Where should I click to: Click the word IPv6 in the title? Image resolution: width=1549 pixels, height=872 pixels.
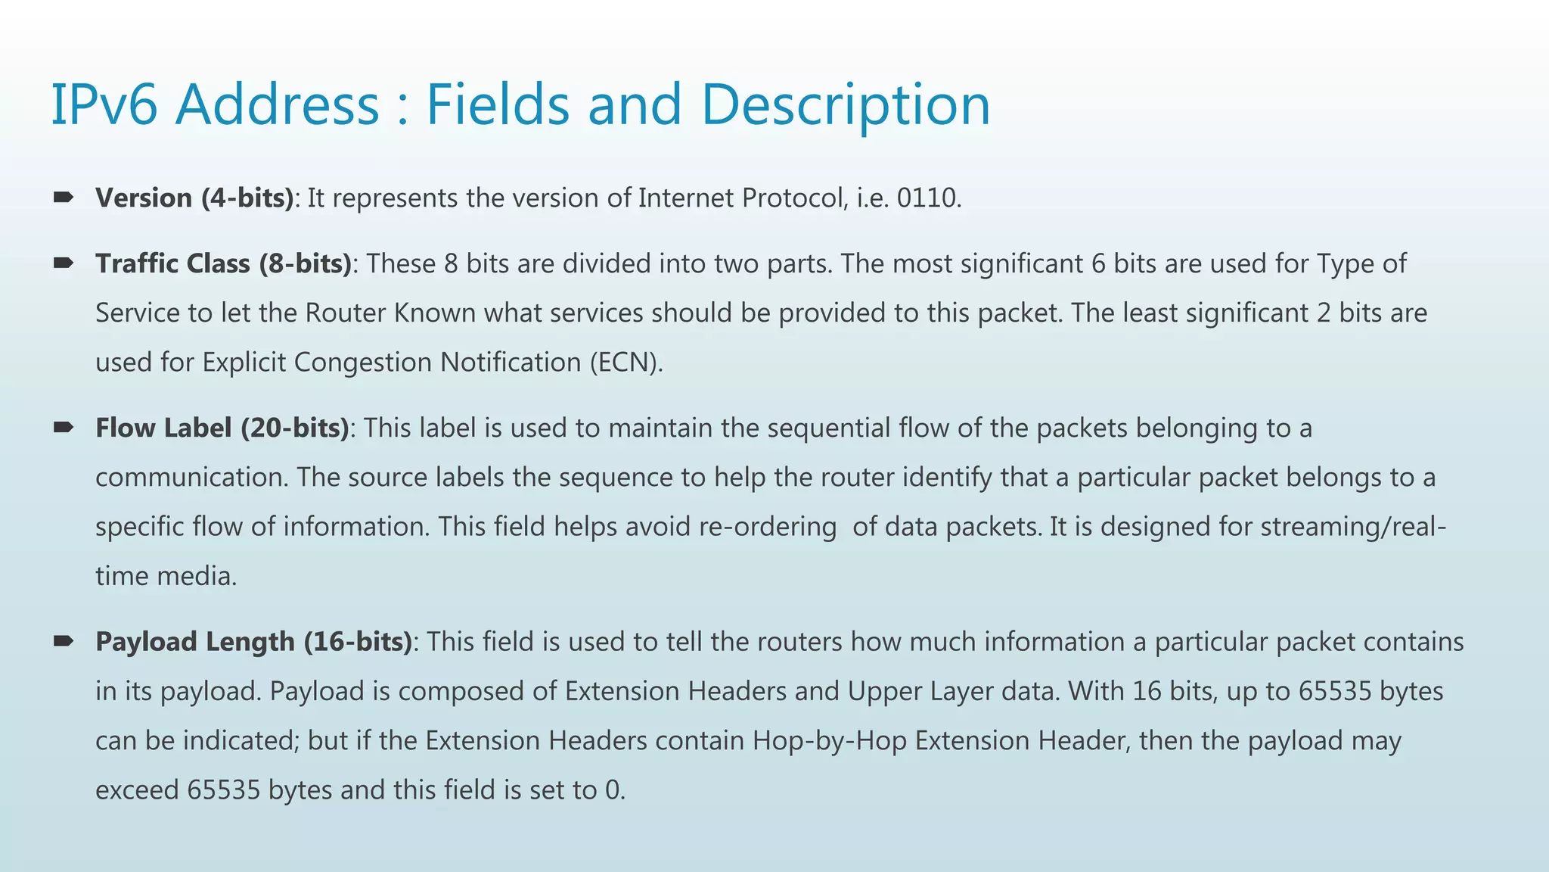104,104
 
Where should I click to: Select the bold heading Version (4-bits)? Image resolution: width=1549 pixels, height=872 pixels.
194,198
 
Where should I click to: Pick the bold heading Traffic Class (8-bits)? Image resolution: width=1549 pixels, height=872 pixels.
223,264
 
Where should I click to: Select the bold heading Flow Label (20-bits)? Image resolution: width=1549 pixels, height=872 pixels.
222,428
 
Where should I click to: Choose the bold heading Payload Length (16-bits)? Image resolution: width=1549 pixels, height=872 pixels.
253,642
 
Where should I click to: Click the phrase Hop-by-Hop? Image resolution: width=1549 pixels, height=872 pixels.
829,741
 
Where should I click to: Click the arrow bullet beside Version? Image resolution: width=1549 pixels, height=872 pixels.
64,198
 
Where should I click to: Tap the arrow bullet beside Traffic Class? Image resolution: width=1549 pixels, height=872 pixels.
64,263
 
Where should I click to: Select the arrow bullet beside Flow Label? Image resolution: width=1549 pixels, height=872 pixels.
64,428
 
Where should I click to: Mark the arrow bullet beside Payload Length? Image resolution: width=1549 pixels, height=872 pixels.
64,641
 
